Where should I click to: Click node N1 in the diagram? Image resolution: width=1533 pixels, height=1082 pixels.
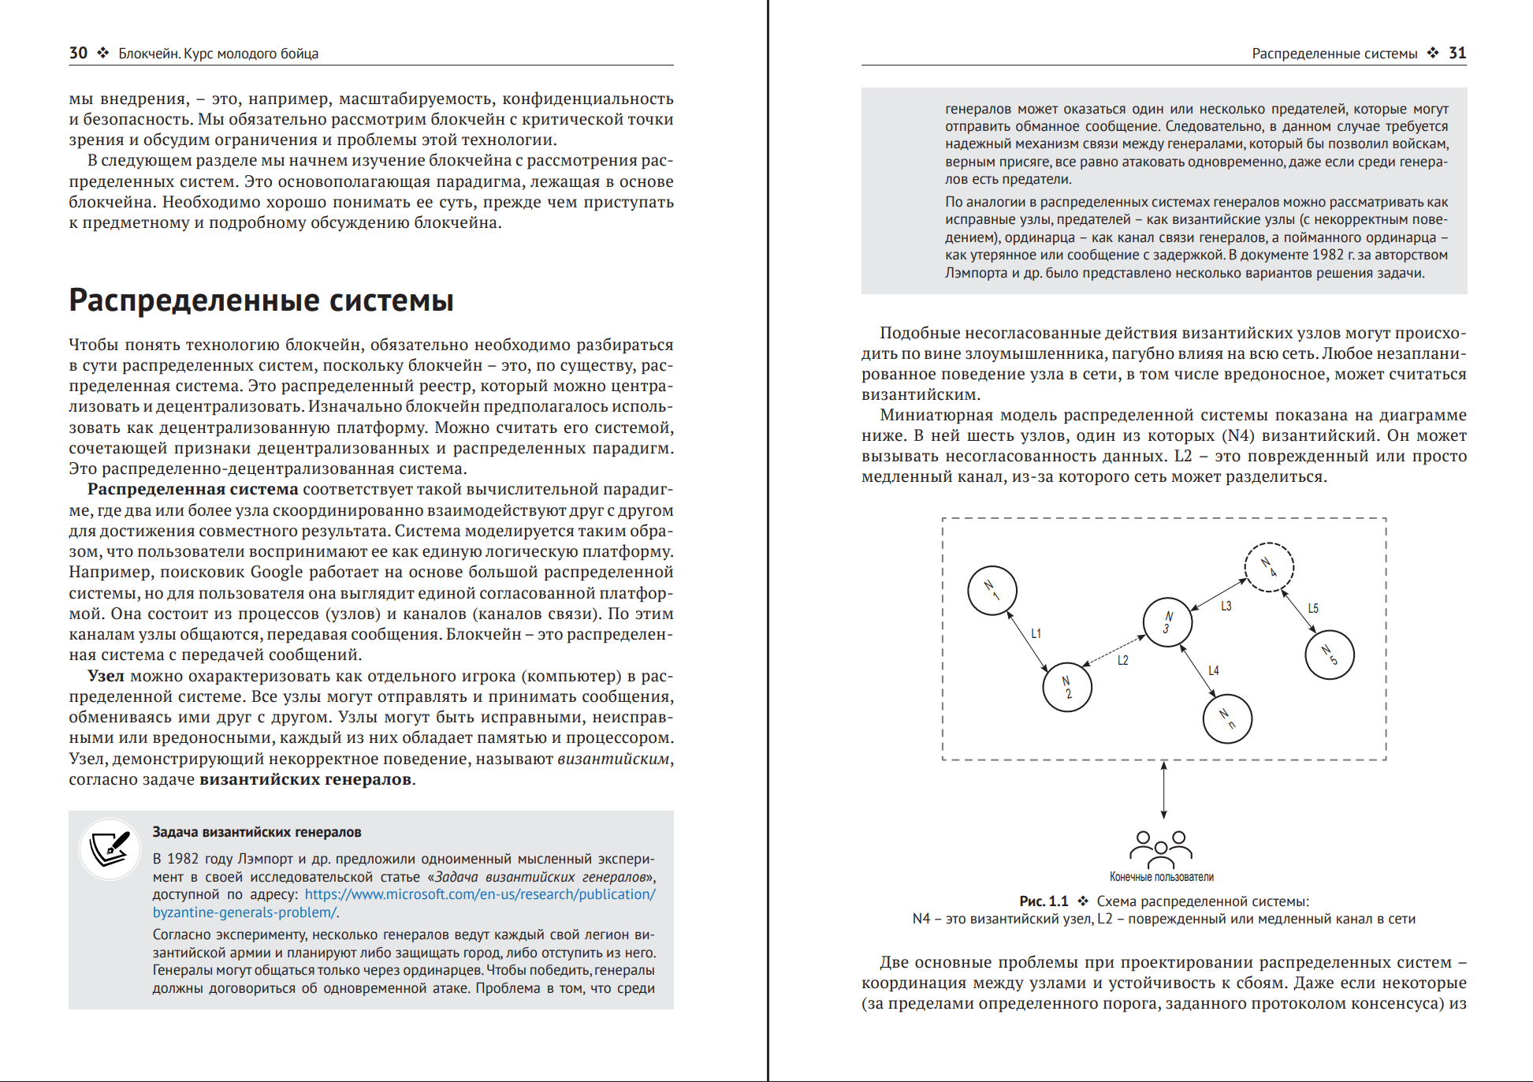click(x=992, y=591)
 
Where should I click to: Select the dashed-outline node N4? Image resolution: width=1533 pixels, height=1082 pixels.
click(x=1269, y=567)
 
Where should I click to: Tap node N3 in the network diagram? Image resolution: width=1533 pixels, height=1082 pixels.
click(x=1167, y=622)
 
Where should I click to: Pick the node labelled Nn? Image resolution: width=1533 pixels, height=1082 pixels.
click(x=1227, y=718)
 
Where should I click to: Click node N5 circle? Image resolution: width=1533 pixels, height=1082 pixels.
click(x=1330, y=655)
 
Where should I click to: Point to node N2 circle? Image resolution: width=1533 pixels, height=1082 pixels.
click(x=1067, y=687)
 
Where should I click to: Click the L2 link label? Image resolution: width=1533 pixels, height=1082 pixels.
click(x=1123, y=660)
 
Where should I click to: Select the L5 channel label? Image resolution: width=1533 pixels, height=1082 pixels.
click(x=1313, y=608)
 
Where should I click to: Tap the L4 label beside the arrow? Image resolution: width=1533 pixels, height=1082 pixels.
click(x=1214, y=670)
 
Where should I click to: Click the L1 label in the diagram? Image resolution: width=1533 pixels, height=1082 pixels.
click(x=1036, y=633)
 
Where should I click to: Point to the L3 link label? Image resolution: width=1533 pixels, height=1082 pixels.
click(x=1226, y=606)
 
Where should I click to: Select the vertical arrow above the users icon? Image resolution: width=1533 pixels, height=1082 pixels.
click(x=1163, y=789)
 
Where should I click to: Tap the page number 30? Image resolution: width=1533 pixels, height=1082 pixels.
click(x=78, y=53)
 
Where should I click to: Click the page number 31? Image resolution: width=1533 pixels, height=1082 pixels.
click(x=1457, y=53)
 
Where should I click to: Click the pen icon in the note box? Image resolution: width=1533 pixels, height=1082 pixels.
click(x=110, y=849)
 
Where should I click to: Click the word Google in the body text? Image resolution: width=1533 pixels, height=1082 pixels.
click(x=277, y=572)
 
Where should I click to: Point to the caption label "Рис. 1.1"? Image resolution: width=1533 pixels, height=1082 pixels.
click(x=1044, y=901)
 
